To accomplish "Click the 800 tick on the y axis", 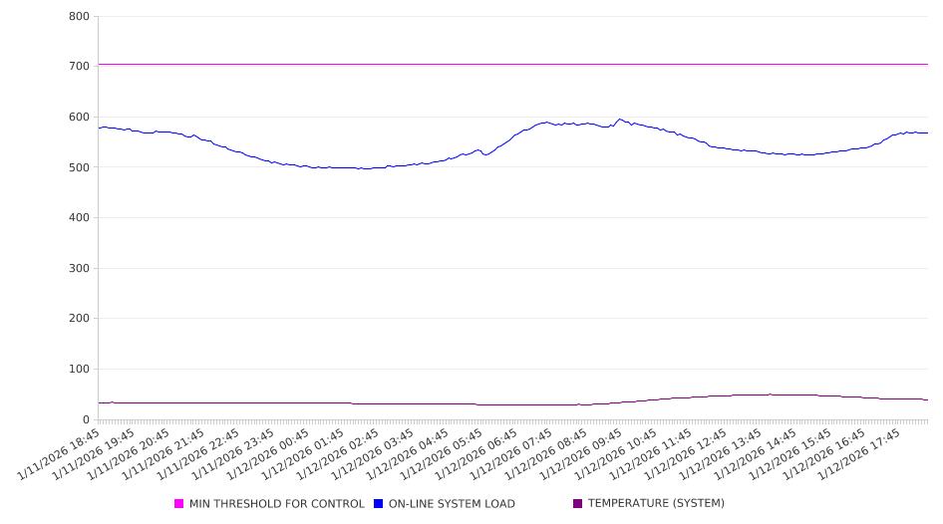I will coord(79,16).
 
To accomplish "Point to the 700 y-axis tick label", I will coord(79,66).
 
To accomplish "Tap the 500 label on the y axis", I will coord(79,167).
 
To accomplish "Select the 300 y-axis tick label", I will coord(79,268).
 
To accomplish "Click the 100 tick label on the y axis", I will coord(79,370).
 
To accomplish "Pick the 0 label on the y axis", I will coord(86,419).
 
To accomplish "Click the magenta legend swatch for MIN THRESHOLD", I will coord(179,504).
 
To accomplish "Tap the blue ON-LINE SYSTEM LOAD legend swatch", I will coord(379,504).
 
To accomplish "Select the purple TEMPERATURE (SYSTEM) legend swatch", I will coord(578,504).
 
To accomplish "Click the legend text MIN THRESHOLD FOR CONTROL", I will coord(277,504).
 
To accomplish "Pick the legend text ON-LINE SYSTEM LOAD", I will coord(452,504).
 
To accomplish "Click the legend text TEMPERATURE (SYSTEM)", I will coord(656,504).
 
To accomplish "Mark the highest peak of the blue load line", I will coord(619,120).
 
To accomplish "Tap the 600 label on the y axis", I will coord(79,117).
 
